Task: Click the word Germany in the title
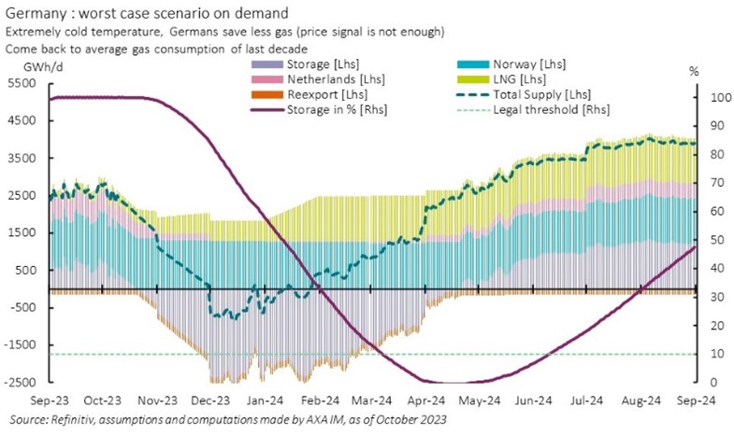click(x=35, y=12)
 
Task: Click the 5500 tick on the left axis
click(x=21, y=84)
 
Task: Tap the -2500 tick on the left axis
click(x=19, y=383)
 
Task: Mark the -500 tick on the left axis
click(x=22, y=308)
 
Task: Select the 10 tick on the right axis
click(x=715, y=354)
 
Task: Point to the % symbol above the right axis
click(x=693, y=70)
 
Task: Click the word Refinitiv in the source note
click(x=75, y=419)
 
